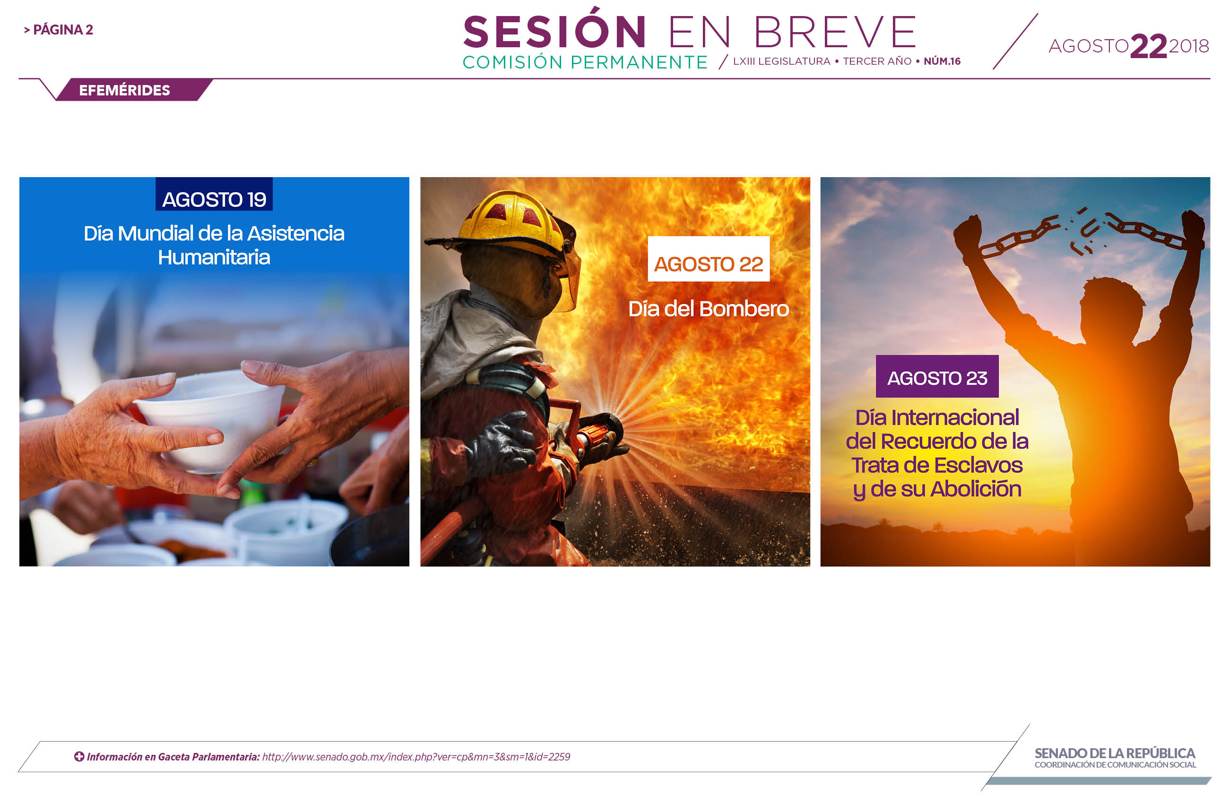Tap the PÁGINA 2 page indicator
[58, 30]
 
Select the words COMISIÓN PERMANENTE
[585, 62]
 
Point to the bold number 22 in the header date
[1149, 46]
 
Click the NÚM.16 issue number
[942, 61]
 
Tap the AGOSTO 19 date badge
[214, 194]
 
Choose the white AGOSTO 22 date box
[709, 259]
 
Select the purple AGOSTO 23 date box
[937, 377]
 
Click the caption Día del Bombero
[709, 309]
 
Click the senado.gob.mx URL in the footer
[416, 757]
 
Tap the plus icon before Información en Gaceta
[79, 757]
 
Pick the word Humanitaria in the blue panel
[214, 257]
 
